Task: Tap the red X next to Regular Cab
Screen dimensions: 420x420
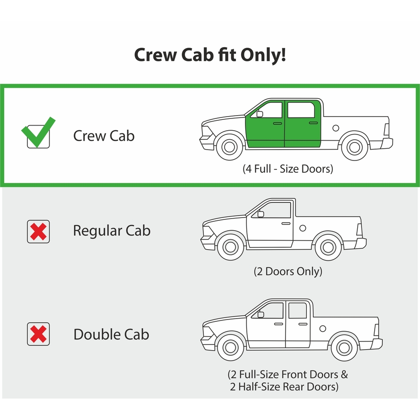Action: (38, 232)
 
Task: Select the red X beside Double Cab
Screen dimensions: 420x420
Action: (38, 334)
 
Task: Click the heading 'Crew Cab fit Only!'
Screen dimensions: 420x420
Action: (210, 55)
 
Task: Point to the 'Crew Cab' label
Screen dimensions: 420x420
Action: (104, 136)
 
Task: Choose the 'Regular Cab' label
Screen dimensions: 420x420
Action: (112, 231)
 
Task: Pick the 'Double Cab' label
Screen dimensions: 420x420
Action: (111, 334)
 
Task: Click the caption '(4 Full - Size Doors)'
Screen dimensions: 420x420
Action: (288, 169)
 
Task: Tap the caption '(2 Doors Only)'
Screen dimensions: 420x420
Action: (288, 271)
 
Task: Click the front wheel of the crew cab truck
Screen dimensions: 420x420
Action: (229, 146)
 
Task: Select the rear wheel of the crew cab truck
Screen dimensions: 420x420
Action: (355, 147)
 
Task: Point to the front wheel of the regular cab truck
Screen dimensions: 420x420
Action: (231, 247)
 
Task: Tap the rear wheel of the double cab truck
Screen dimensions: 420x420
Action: (344, 348)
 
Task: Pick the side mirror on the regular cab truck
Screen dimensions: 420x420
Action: (260, 214)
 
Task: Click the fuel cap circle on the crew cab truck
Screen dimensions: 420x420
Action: (336, 128)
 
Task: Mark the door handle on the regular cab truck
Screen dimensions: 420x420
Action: (286, 223)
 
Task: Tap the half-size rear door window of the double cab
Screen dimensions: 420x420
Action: (298, 311)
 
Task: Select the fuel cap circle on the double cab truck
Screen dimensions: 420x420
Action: (323, 328)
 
